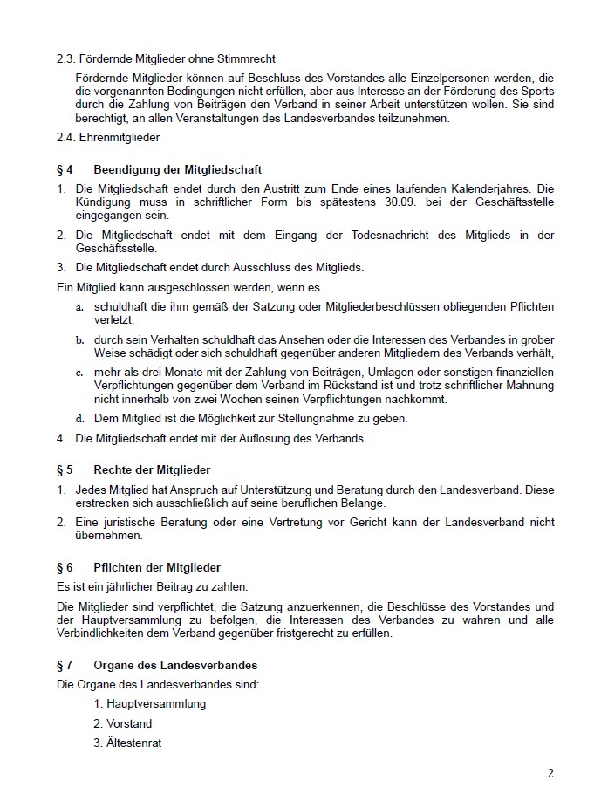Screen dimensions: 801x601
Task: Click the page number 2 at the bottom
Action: pos(550,773)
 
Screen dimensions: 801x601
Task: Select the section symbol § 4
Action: pos(65,169)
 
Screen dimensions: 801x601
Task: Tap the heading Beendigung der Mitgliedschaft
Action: pos(178,169)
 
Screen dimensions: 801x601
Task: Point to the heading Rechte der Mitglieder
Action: pos(153,470)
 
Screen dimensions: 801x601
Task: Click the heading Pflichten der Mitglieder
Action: pos(157,567)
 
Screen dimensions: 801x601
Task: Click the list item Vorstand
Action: pos(129,723)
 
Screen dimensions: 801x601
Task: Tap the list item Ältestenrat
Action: pos(134,743)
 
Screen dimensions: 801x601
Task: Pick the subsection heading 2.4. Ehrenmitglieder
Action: pos(108,137)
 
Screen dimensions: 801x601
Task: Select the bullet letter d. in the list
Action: pos(79,419)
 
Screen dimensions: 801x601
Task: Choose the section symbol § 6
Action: pos(65,567)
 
